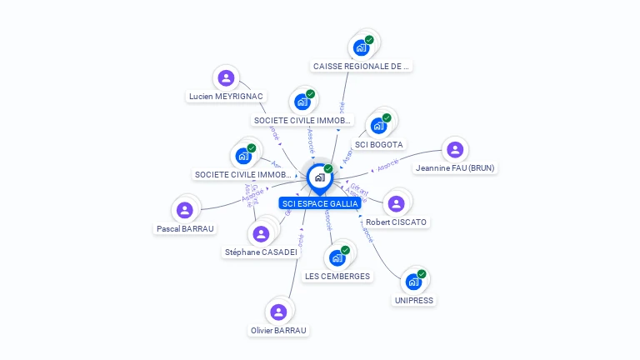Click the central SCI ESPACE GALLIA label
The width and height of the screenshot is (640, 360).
(320, 203)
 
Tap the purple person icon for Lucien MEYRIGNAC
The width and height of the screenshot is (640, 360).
(226, 78)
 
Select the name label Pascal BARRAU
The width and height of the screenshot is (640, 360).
(185, 228)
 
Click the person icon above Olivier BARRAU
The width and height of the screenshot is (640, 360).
(278, 312)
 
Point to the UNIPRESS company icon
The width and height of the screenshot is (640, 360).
(412, 282)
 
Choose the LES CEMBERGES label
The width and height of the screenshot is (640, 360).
(337, 277)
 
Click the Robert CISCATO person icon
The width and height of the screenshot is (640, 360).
(396, 202)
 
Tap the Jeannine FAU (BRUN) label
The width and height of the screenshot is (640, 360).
(454, 168)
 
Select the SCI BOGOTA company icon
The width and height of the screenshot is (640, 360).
(378, 126)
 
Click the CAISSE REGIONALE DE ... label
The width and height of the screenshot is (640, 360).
(362, 66)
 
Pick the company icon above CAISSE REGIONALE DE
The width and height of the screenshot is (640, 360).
(361, 47)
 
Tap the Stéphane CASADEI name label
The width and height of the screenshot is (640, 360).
(261, 252)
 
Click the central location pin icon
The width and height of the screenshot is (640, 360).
(319, 177)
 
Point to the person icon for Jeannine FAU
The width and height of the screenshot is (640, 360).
(454, 150)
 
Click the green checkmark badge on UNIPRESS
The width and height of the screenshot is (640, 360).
(422, 274)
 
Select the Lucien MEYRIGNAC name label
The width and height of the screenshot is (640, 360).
(226, 97)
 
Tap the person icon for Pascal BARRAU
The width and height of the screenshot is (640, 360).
(185, 210)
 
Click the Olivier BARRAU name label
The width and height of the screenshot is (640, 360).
(278, 331)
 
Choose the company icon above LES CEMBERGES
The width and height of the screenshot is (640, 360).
(337, 257)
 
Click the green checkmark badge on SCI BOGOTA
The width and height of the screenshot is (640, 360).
(387, 118)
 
